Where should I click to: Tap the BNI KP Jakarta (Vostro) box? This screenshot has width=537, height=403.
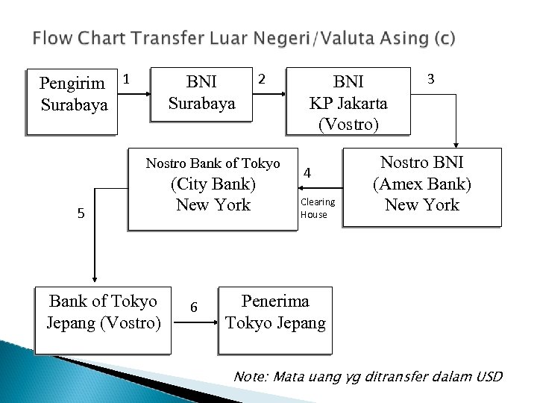click(x=348, y=102)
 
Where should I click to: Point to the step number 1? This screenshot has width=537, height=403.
click(x=127, y=78)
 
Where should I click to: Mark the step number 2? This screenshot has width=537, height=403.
click(x=260, y=78)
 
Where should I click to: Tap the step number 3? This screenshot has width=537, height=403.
click(x=430, y=78)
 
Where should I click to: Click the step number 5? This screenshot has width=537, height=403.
click(x=82, y=214)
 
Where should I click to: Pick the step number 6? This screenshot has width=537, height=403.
click(x=194, y=307)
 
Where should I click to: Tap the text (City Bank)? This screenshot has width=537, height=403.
click(x=213, y=184)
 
